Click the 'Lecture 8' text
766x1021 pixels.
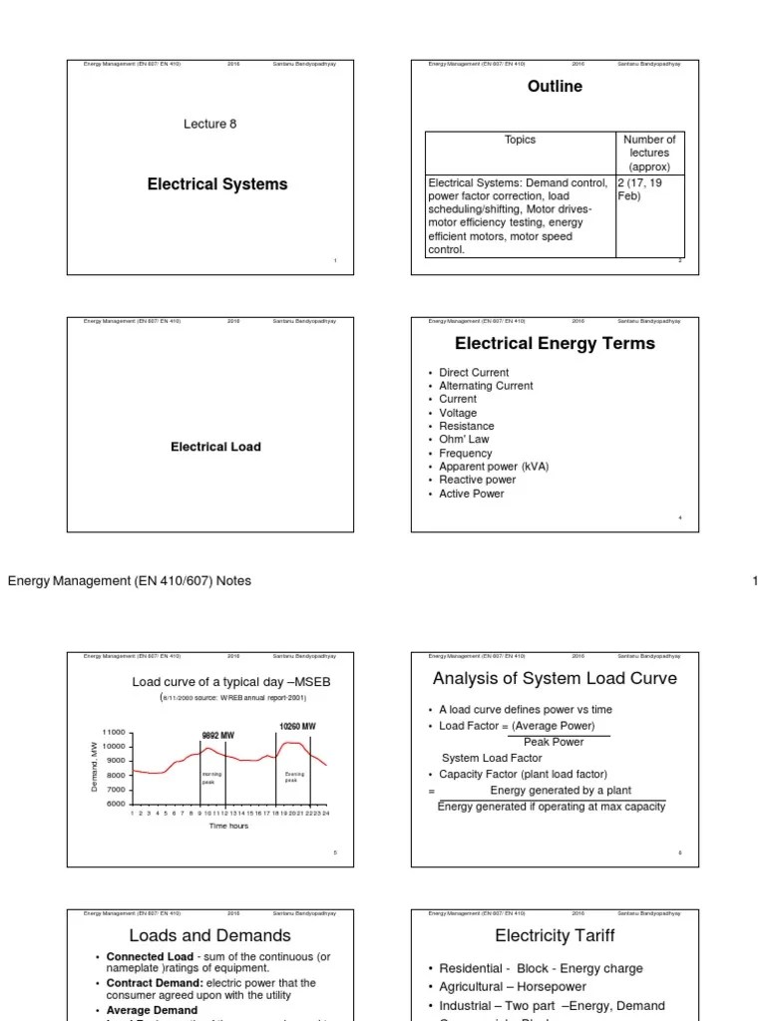(209, 125)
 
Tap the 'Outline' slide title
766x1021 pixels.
(555, 87)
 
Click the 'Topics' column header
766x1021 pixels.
(520, 141)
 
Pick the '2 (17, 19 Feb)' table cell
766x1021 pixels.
(646, 189)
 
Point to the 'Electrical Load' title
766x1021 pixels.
(215, 447)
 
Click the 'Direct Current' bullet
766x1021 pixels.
(474, 373)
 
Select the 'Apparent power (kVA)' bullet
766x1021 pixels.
(494, 467)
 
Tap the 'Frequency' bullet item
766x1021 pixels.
(466, 454)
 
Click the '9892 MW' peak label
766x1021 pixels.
(217, 736)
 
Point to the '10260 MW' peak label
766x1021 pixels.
(297, 727)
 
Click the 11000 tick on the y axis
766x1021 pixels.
(113, 733)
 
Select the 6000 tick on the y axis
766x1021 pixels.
(116, 804)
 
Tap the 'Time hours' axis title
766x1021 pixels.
(228, 827)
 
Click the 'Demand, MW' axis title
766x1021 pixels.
(94, 768)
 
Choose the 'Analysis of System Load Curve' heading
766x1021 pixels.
(555, 679)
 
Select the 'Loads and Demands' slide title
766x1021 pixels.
(209, 935)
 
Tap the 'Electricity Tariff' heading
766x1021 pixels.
(555, 935)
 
